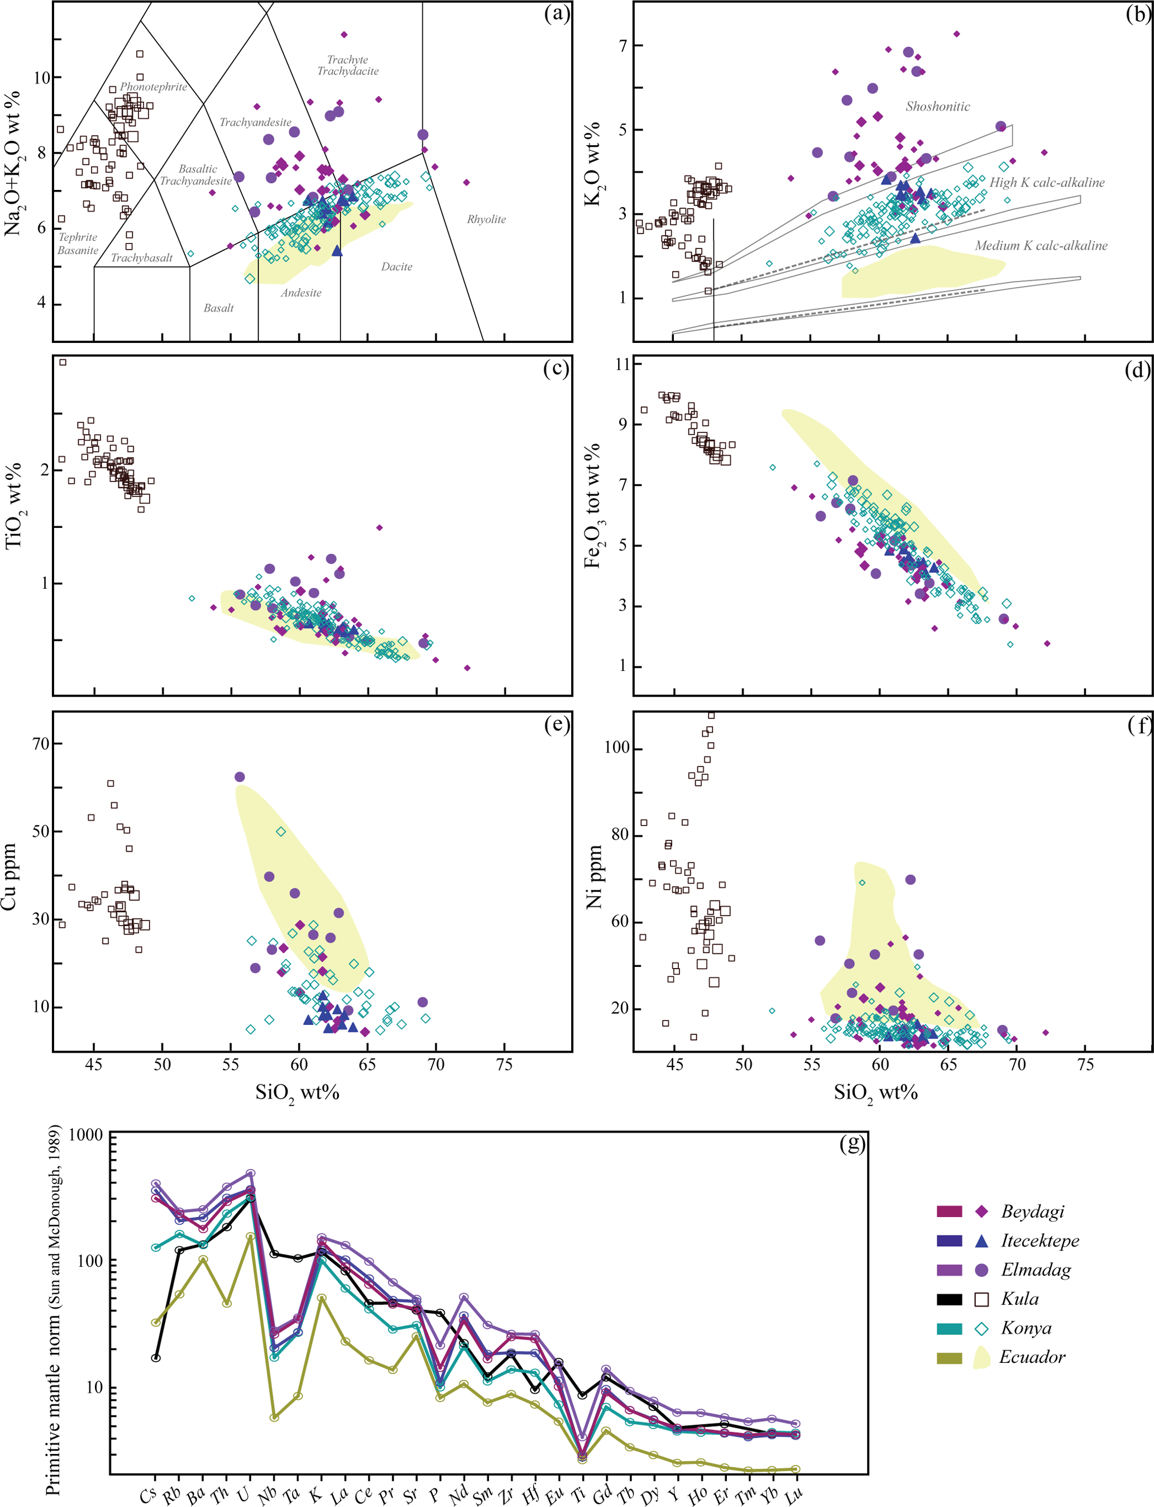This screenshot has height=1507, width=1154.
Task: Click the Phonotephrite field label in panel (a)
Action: pyautogui.click(x=153, y=87)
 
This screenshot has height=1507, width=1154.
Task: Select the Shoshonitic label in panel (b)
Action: pyautogui.click(x=937, y=107)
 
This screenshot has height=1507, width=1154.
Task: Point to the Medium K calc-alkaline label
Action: pyautogui.click(x=1041, y=246)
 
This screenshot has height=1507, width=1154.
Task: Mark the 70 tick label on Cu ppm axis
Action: pyautogui.click(x=41, y=743)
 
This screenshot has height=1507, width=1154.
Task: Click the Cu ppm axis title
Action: pyautogui.click(x=9, y=877)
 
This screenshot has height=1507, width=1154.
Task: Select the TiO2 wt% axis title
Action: pyautogui.click(x=14, y=505)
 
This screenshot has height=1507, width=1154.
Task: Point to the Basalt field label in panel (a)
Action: pyautogui.click(x=218, y=308)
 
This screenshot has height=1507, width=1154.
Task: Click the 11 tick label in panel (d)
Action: pyautogui.click(x=623, y=364)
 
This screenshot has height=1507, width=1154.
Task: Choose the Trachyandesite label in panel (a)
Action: pyautogui.click(x=255, y=122)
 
